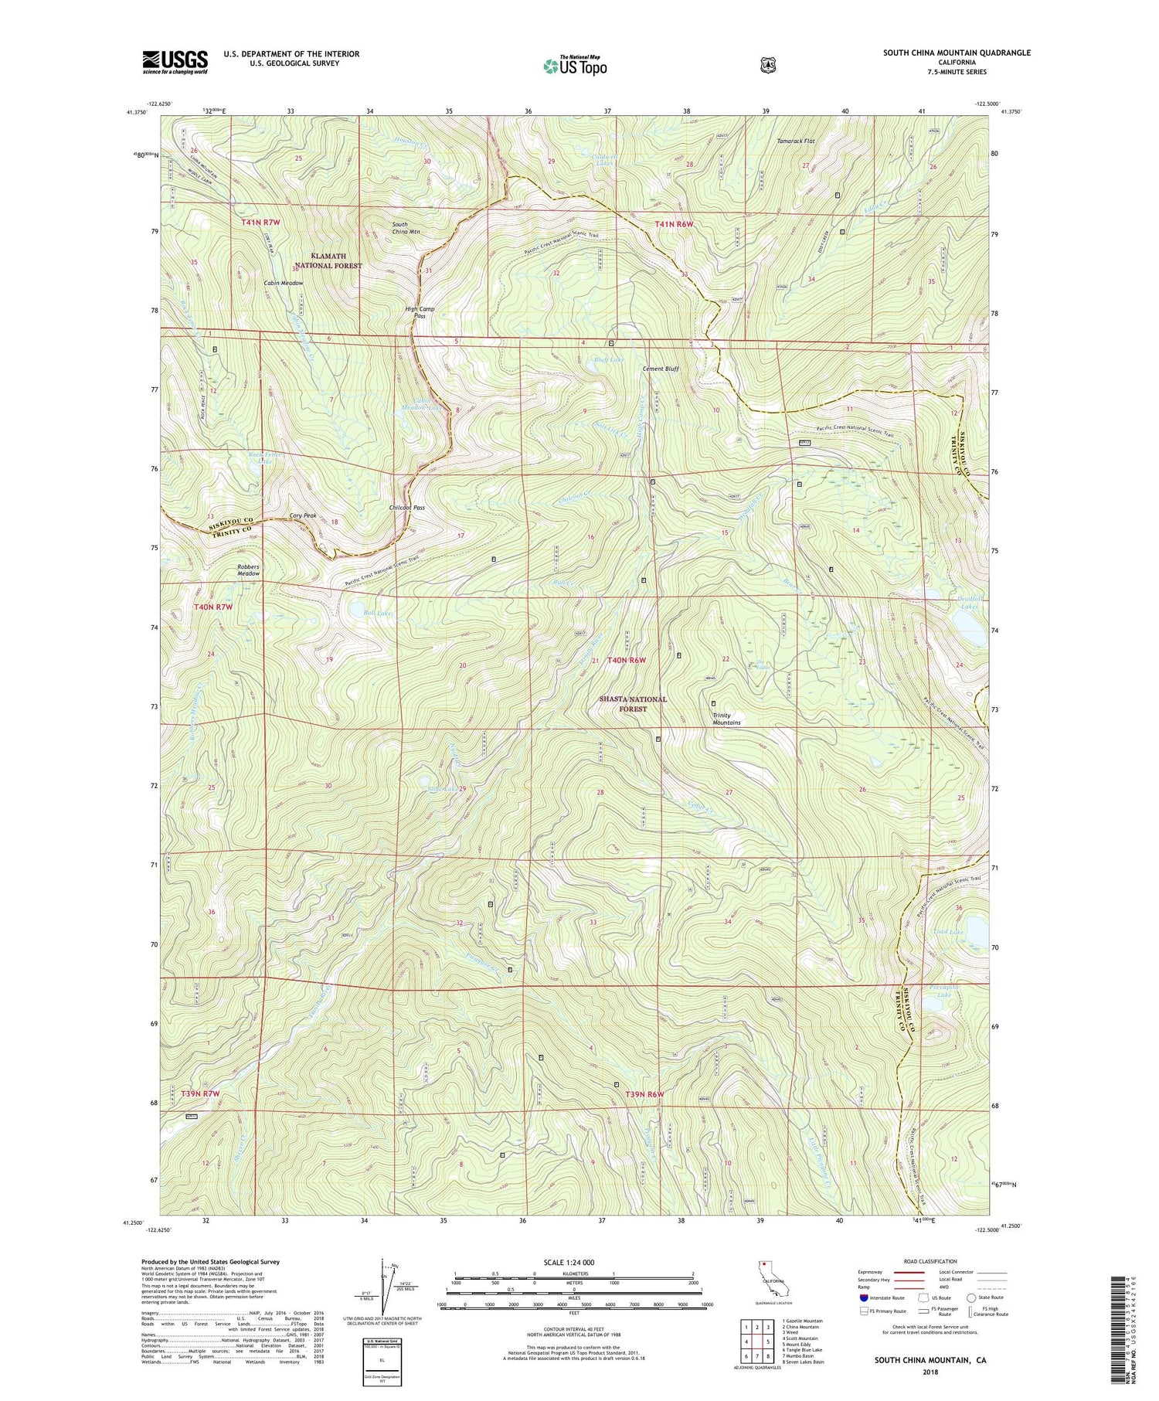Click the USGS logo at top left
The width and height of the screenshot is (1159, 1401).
(175, 62)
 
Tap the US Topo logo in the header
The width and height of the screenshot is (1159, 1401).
(575, 65)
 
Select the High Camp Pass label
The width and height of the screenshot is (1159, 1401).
(420, 312)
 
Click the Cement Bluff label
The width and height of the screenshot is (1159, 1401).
(661, 369)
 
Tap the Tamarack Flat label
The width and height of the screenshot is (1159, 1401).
(796, 141)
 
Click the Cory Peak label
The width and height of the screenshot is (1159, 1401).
(303, 515)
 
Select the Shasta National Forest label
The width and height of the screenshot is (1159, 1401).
(633, 704)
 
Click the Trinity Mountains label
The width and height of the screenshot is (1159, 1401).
(726, 719)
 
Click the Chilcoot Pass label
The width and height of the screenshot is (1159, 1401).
(407, 508)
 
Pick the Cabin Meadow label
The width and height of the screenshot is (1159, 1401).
(284, 283)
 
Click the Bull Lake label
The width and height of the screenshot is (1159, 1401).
(379, 613)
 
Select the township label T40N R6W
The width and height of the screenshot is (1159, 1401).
(626, 660)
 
